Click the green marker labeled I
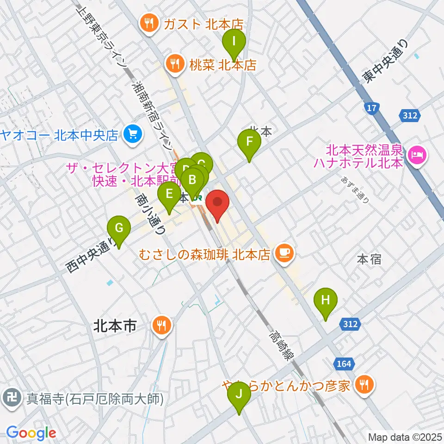coord(234,42)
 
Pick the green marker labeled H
coord(326,301)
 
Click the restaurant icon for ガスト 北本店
coord(148,23)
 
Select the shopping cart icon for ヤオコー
coord(132,135)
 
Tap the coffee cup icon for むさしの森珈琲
coord(283,253)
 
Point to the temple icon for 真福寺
coord(10,397)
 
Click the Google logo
coord(31,432)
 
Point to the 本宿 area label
coord(369,259)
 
